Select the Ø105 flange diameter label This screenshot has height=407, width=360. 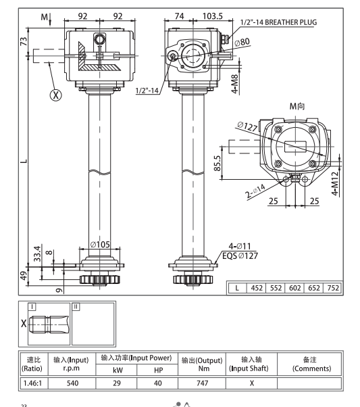101,245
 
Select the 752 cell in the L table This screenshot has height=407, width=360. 333,287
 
